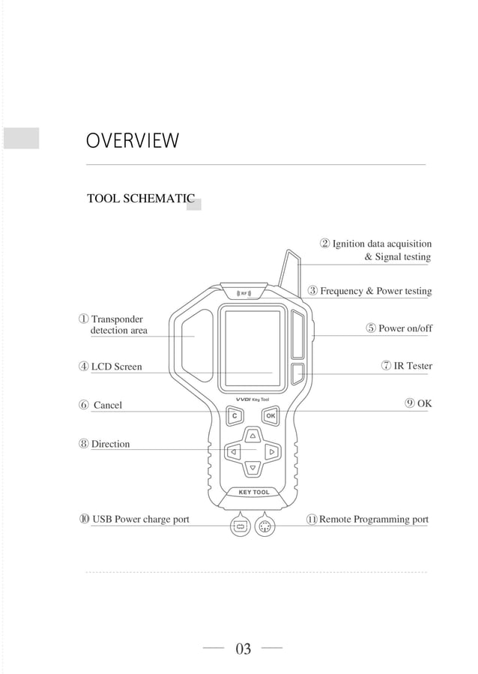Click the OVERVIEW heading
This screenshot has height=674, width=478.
click(133, 141)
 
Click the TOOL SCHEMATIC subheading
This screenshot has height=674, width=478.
click(141, 199)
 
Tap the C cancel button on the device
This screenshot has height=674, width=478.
click(235, 415)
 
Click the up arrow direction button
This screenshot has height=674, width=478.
click(253, 435)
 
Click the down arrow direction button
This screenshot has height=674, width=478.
click(253, 468)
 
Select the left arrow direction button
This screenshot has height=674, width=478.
click(234, 451)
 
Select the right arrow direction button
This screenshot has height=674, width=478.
click(272, 451)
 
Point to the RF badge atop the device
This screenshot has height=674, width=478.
click(244, 292)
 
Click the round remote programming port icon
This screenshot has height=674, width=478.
click(264, 526)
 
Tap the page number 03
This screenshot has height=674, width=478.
click(243, 649)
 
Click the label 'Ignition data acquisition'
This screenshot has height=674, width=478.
click(381, 244)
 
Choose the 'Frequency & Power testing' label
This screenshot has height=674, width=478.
click(375, 291)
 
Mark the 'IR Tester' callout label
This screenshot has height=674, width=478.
click(413, 366)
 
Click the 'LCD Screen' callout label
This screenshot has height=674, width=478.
click(116, 367)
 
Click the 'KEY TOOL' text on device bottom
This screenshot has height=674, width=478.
click(253, 493)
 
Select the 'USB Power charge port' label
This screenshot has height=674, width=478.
click(139, 519)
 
